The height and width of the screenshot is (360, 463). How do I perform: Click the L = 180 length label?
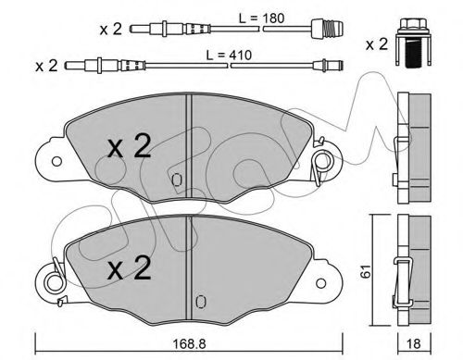(x=261, y=19)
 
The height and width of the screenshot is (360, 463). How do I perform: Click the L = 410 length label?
(x=229, y=56)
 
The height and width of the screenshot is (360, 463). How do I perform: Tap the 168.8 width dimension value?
(x=189, y=344)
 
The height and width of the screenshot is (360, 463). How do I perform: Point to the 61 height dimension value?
(x=367, y=271)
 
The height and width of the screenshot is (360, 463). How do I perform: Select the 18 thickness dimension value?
(x=414, y=344)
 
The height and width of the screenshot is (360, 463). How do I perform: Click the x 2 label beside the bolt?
(x=377, y=44)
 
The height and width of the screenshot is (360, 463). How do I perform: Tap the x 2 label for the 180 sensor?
(x=111, y=30)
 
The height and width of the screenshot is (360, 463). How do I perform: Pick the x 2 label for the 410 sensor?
(x=46, y=66)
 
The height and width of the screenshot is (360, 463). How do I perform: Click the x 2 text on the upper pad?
(x=129, y=146)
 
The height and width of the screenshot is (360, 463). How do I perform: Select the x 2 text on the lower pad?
(x=129, y=268)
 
